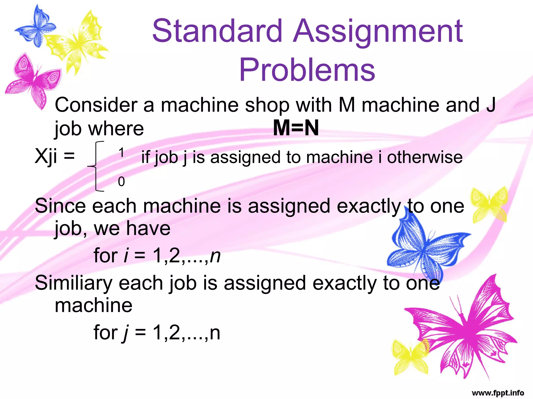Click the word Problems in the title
(x=307, y=70)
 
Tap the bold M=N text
(x=296, y=128)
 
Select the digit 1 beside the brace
(x=121, y=153)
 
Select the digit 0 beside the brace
(x=121, y=181)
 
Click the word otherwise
(x=425, y=157)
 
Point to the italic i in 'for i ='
(x=126, y=256)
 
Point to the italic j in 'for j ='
(x=126, y=333)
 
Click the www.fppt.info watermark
(x=498, y=393)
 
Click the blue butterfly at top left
(x=35, y=26)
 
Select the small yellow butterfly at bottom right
(x=410, y=356)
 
